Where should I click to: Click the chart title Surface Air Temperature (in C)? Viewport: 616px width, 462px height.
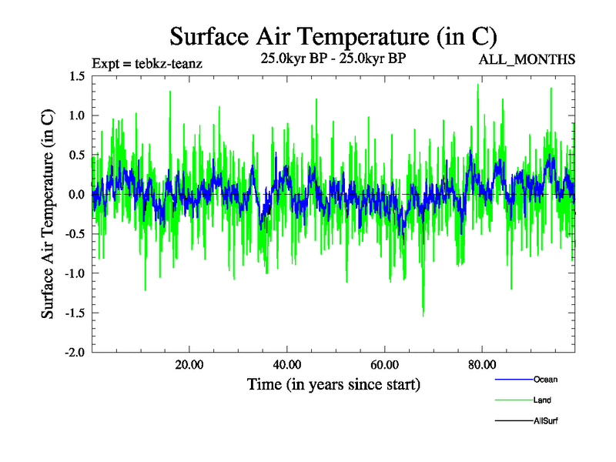click(x=333, y=36)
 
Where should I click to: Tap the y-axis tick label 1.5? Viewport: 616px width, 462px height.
click(x=77, y=76)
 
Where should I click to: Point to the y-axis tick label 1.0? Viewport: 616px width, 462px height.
click(x=77, y=115)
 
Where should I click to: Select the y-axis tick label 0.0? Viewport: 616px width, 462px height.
click(x=77, y=195)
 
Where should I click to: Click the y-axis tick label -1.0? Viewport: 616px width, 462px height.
click(x=75, y=273)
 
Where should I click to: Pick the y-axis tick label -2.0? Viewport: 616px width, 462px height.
click(x=75, y=352)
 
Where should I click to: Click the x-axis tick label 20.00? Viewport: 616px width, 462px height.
click(x=189, y=365)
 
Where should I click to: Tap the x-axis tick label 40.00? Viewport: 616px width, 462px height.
click(x=286, y=365)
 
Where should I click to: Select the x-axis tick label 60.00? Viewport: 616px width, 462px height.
click(x=384, y=365)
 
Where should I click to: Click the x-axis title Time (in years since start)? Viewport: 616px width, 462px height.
click(x=333, y=383)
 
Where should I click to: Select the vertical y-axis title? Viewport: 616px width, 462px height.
click(x=48, y=214)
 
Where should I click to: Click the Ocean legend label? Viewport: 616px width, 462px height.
click(x=545, y=380)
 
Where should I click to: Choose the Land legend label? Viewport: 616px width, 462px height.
click(x=542, y=400)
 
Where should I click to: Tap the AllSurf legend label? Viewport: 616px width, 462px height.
click(x=546, y=421)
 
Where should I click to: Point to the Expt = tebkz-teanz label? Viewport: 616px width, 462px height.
click(x=147, y=63)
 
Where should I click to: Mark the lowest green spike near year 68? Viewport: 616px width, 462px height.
click(x=423, y=314)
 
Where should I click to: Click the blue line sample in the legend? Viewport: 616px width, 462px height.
click(x=512, y=380)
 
